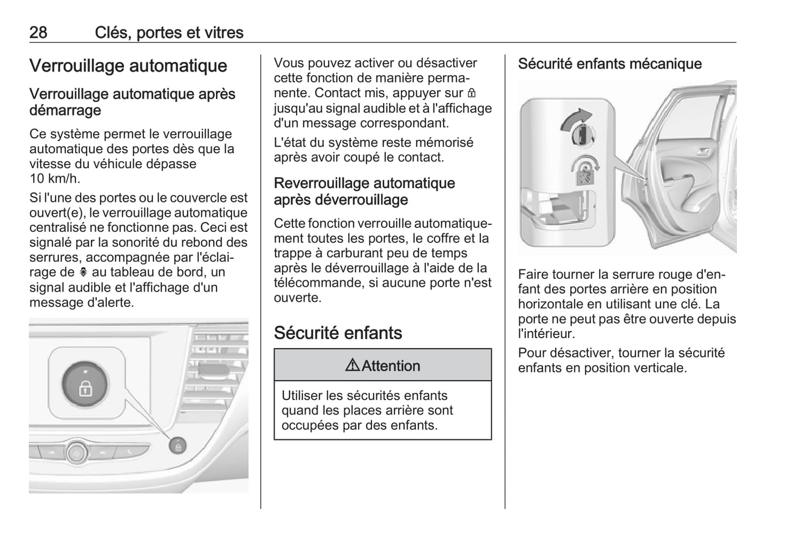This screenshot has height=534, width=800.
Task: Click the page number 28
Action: point(38,32)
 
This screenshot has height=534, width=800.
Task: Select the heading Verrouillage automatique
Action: point(128,66)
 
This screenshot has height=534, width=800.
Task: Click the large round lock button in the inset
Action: point(85,383)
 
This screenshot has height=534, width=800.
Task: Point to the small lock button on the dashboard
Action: point(178,445)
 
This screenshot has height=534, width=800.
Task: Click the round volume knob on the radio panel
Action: point(78,453)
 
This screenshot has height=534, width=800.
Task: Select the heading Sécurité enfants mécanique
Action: point(610,64)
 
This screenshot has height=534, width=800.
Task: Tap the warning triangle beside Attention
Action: point(353,365)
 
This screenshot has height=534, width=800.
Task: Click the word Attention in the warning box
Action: point(391,366)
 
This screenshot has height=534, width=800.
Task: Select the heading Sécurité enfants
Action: point(338,333)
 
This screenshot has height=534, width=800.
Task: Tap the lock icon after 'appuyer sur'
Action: point(472,93)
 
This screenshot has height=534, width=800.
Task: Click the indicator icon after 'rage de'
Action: point(84,272)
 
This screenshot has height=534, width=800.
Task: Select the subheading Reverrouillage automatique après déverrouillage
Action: point(364,191)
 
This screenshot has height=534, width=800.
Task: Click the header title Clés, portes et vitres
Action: point(169,32)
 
